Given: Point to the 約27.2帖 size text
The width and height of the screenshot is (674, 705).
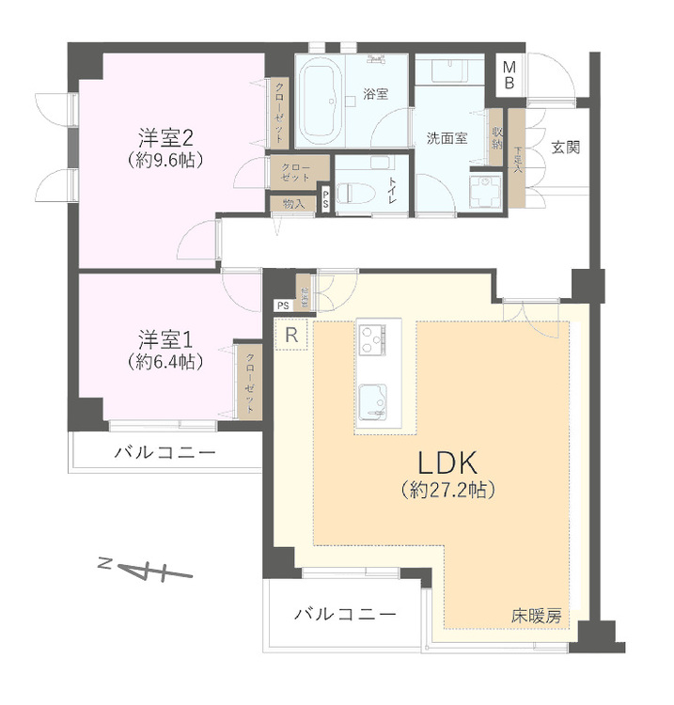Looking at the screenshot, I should [x=448, y=490].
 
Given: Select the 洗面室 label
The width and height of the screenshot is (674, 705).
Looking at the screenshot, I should [x=447, y=138].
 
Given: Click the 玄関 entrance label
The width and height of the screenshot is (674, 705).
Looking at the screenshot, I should [x=565, y=147].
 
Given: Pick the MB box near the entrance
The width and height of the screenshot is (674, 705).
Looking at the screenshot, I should [x=509, y=74].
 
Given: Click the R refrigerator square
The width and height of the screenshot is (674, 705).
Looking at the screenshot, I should [x=291, y=335].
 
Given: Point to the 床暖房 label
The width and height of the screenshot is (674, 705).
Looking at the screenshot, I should [x=537, y=617].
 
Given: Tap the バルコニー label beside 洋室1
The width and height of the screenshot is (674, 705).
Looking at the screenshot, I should [x=165, y=453].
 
